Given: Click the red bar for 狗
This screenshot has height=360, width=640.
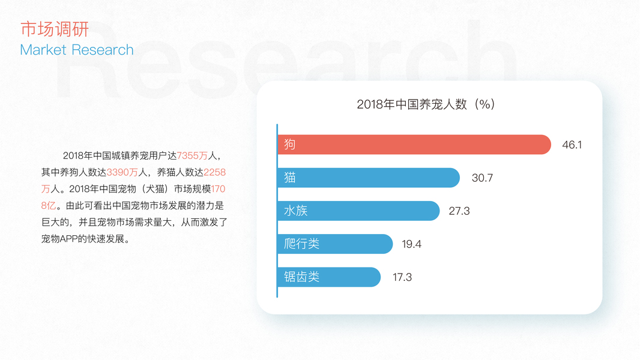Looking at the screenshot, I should pyautogui.click(x=414, y=145).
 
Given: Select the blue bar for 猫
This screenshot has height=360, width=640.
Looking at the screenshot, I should pyautogui.click(x=369, y=178).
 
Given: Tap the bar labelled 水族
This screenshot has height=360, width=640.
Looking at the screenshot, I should pyautogui.click(x=358, y=211).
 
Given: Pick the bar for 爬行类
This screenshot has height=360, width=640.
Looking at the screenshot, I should pyautogui.click(x=335, y=244).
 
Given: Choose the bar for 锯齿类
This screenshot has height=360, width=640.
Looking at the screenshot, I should pyautogui.click(x=329, y=277).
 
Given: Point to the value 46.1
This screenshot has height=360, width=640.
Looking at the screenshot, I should pyautogui.click(x=572, y=145).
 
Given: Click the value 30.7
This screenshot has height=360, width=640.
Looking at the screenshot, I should pyautogui.click(x=482, y=178).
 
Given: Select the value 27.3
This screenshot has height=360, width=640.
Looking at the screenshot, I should pyautogui.click(x=459, y=211).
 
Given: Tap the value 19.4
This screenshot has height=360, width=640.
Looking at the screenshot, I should pyautogui.click(x=412, y=244).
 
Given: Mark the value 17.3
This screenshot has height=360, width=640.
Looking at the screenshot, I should pyautogui.click(x=402, y=277).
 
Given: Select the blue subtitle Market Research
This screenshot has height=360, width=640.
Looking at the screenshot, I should pyautogui.click(x=77, y=50).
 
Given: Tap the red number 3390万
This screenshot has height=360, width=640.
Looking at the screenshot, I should pyautogui.click(x=122, y=172).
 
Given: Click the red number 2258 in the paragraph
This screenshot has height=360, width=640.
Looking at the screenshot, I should pyautogui.click(x=214, y=172).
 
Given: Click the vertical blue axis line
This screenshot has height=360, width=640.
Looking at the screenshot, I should pyautogui.click(x=277, y=210).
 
